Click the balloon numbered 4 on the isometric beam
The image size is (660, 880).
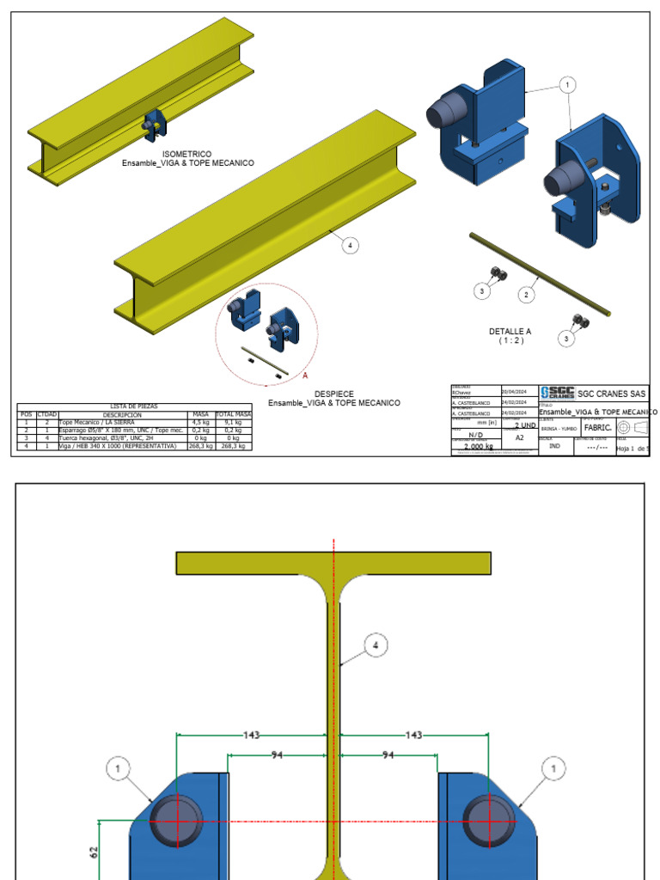pos(349,246)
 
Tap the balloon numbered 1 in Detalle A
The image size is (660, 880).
pos(566,84)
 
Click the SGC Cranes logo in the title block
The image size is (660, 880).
pos(558,393)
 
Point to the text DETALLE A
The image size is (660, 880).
pos(510,331)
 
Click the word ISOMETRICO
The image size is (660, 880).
pos(186,154)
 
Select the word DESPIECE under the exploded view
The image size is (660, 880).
pos(333,394)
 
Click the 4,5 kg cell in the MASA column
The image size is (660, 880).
pos(200,423)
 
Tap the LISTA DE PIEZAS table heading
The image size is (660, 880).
pos(134,406)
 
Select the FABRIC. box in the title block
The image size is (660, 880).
pos(597,427)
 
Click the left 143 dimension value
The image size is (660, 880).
pos(251,735)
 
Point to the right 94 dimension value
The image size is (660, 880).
pos(388,755)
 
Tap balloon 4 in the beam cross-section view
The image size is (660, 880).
pos(374,645)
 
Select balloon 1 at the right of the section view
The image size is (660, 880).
pos(553,767)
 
